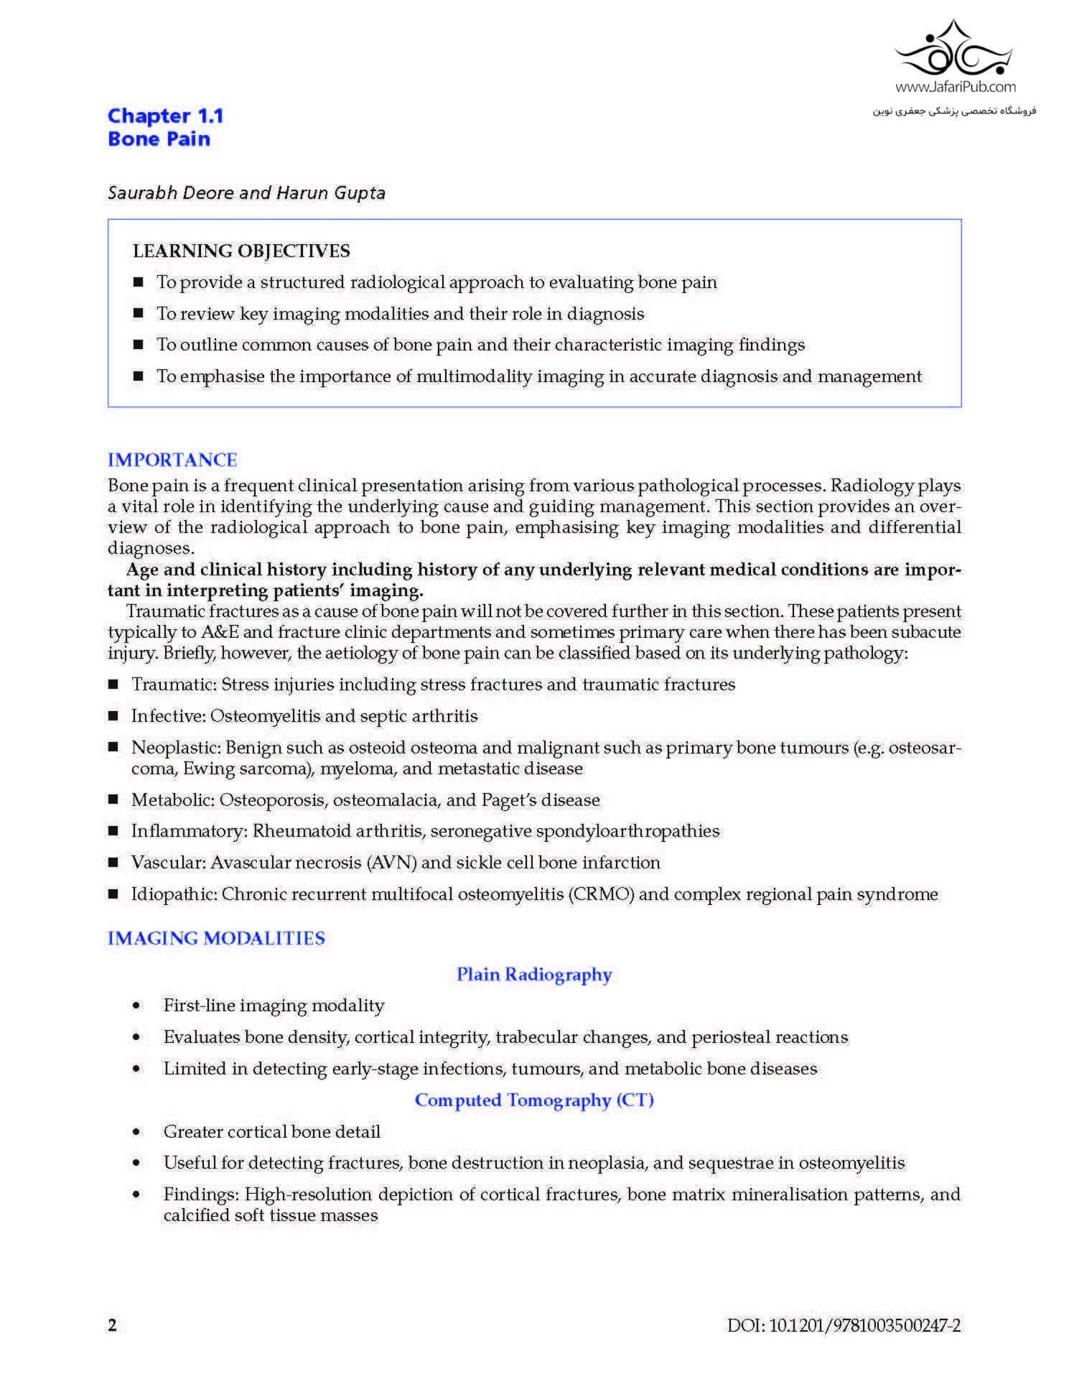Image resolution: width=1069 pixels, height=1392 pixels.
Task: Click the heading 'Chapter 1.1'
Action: pos(165,116)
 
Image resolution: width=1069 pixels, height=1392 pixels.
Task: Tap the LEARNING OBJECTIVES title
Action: pos(241,251)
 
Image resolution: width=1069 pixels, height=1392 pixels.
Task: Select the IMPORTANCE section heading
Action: pos(172,460)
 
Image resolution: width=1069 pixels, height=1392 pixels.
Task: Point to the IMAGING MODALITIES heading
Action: pos(216,938)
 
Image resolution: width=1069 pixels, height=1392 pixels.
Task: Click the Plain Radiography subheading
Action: pos(534,975)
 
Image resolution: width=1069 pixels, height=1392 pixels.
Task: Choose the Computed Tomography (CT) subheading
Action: pos(534,1100)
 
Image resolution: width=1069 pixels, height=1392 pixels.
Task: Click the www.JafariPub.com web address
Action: pos(955,87)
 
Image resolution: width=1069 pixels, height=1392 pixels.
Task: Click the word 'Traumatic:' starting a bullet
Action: pos(174,685)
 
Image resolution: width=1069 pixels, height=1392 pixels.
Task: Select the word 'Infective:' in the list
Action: pos(168,716)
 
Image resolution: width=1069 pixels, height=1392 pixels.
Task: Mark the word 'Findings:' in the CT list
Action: pos(202,1194)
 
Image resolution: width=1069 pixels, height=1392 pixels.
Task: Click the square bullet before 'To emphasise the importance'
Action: pos(139,376)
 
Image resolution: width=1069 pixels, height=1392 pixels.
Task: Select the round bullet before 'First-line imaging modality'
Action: pos(136,1006)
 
